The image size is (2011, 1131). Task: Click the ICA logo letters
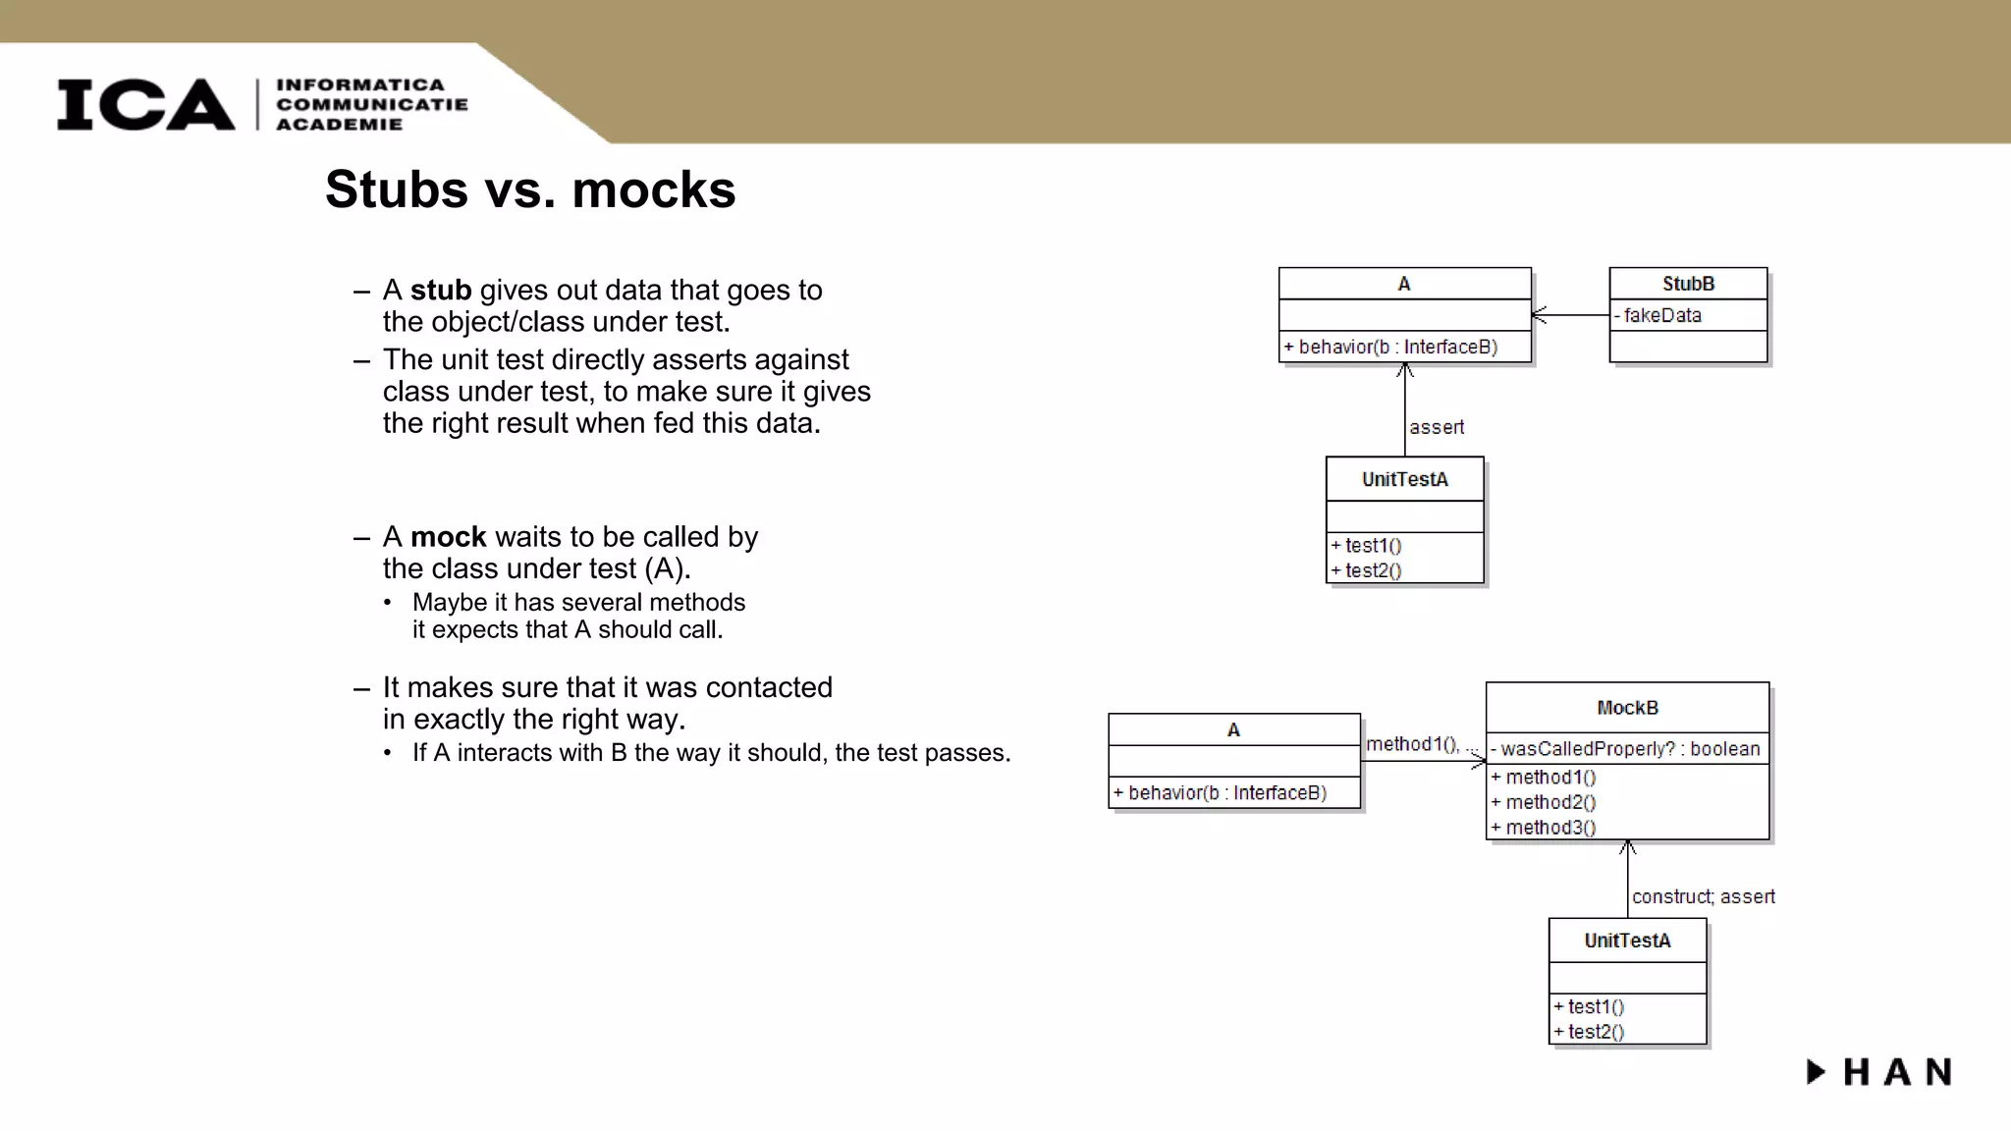tap(145, 104)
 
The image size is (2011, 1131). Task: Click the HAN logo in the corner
tap(1879, 1072)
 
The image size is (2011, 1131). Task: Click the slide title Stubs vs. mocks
tap(530, 189)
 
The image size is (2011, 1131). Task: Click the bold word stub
tap(440, 291)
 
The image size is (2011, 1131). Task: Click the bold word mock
tap(448, 537)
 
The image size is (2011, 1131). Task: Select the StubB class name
tap(1688, 284)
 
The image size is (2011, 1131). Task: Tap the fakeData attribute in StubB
tap(1661, 315)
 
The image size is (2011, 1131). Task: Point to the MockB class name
tap(1627, 708)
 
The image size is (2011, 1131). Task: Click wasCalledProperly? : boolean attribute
tap(1629, 749)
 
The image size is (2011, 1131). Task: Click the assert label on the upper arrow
tap(1436, 427)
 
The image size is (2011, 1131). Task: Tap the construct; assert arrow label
tap(1703, 896)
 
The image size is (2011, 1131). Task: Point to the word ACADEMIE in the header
tap(339, 125)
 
